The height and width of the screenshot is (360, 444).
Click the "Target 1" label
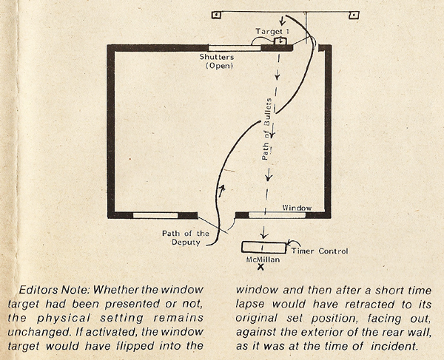(272, 31)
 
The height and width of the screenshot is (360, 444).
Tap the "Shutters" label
(217, 57)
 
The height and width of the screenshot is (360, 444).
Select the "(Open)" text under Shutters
(220, 66)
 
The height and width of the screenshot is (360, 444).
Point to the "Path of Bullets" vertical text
(266, 129)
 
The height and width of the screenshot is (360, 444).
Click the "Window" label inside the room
(297, 208)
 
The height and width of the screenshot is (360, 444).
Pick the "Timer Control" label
(320, 251)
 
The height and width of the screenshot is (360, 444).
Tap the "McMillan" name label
(263, 259)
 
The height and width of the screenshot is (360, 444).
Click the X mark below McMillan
(260, 267)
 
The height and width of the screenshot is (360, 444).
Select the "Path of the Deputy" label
(186, 238)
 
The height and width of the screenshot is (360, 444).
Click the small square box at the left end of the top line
(217, 15)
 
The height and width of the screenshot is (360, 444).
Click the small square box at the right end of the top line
(354, 15)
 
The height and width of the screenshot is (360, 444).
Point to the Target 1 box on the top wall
(280, 41)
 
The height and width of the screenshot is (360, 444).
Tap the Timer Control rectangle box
(264, 248)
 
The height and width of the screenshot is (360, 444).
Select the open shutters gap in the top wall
(235, 48)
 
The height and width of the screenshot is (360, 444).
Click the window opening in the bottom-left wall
(155, 216)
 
